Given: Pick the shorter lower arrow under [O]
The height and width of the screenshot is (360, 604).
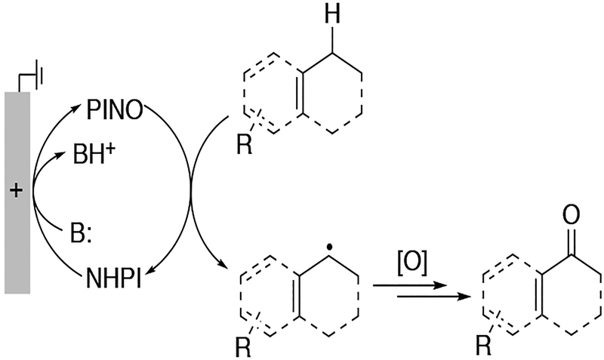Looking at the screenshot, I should (424, 297).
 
